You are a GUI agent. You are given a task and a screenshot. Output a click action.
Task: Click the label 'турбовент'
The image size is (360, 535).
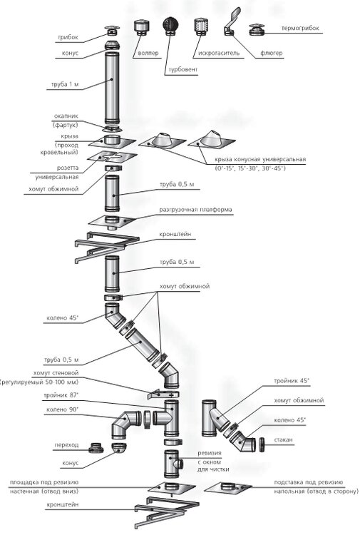(183, 70)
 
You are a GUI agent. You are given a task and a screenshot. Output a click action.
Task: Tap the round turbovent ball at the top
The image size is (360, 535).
(171, 25)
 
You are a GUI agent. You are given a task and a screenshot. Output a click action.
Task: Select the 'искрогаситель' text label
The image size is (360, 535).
(219, 53)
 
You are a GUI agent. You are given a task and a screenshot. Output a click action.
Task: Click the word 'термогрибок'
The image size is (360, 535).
(300, 29)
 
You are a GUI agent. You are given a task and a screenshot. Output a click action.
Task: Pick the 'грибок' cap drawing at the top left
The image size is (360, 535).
(112, 31)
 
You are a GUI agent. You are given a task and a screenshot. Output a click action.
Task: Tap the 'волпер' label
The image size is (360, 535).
(148, 53)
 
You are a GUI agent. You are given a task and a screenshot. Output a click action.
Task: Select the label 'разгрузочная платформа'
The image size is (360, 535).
(195, 210)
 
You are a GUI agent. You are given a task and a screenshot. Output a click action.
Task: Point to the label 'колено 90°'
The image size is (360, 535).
(63, 409)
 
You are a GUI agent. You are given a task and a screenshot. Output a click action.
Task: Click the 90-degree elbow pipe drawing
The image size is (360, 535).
(125, 425)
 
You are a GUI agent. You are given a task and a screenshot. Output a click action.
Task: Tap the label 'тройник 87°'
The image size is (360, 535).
(61, 395)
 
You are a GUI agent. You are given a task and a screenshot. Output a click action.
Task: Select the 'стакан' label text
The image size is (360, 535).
(283, 440)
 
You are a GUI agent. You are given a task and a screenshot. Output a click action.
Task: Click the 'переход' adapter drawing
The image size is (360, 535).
(96, 447)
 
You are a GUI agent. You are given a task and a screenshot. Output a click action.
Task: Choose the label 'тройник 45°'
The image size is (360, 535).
(292, 381)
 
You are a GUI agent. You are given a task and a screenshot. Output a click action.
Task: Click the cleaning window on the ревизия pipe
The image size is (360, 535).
(179, 464)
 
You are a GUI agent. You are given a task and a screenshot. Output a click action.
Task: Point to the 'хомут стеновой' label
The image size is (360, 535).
(56, 373)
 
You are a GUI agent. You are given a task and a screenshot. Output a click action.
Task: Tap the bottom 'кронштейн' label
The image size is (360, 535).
(63, 504)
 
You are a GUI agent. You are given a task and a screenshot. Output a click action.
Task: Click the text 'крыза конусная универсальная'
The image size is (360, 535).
(260, 159)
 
